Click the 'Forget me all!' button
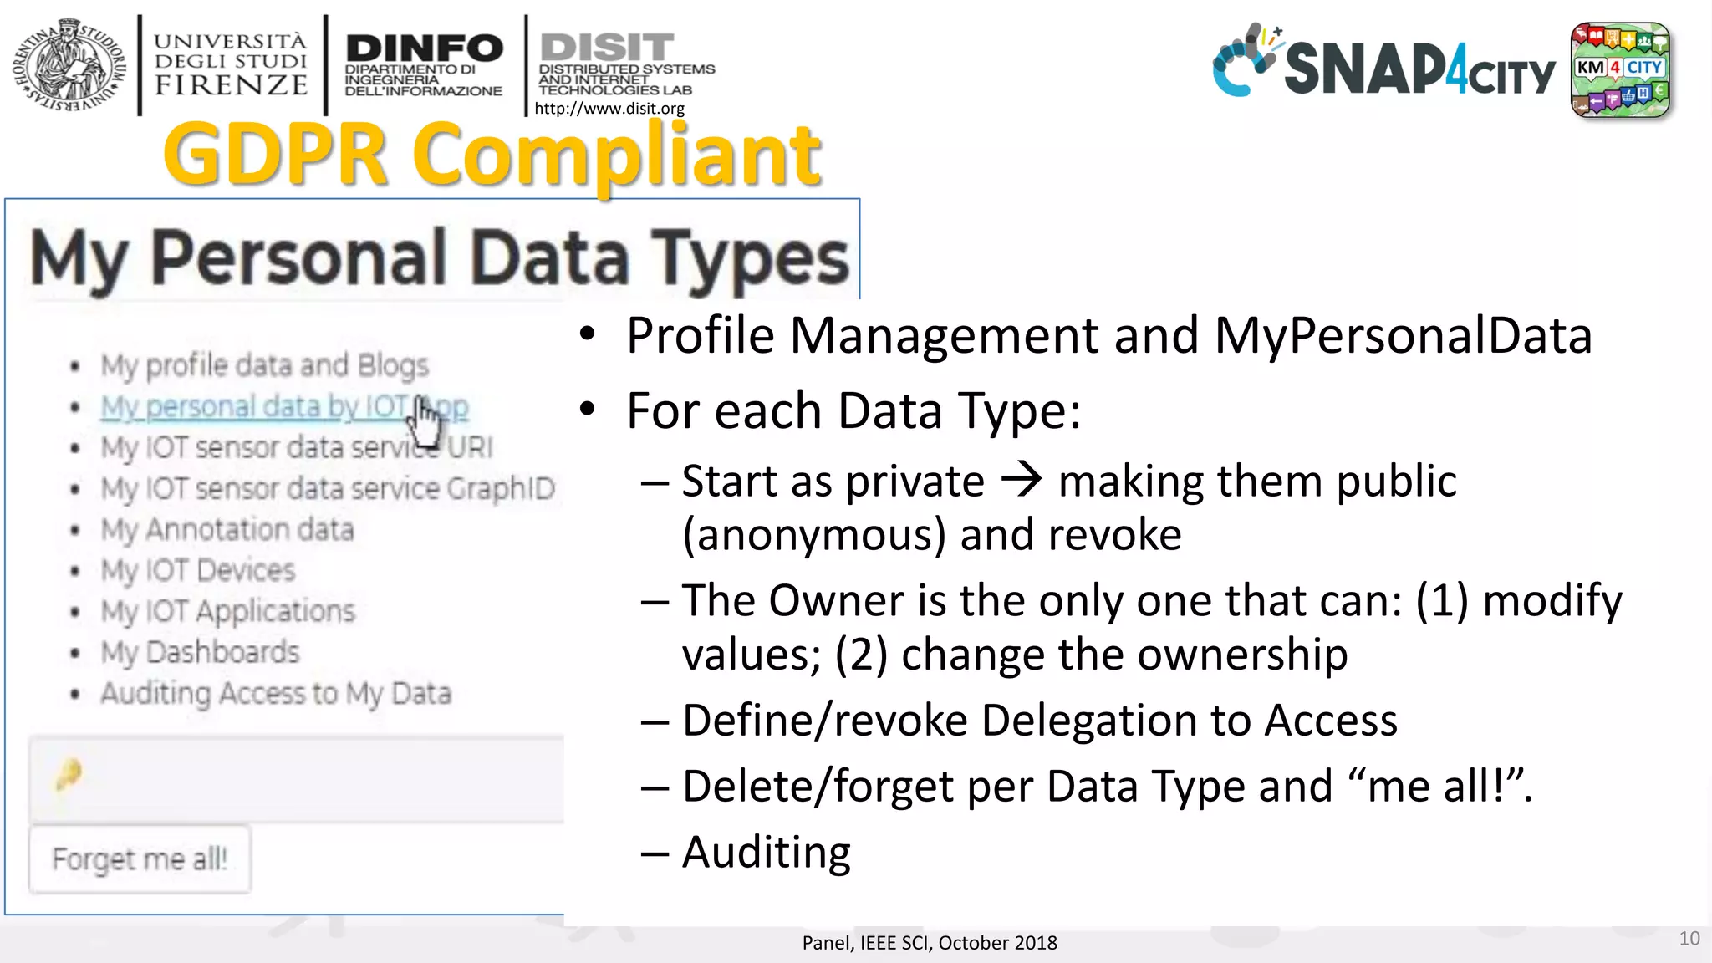click(140, 859)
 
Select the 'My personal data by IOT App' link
click(284, 407)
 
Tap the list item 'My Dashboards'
click(200, 652)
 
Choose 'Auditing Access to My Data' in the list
click(276, 693)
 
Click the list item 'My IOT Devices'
click(198, 570)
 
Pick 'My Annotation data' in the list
click(227, 529)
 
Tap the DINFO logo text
click(424, 48)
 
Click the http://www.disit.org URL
click(609, 109)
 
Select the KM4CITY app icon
click(1619, 69)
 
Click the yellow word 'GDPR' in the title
click(276, 155)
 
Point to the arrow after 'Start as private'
click(1022, 480)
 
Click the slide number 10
click(1689, 939)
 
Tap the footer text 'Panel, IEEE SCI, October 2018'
click(930, 943)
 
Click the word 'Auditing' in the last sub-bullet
click(767, 853)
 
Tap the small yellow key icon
click(69, 775)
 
